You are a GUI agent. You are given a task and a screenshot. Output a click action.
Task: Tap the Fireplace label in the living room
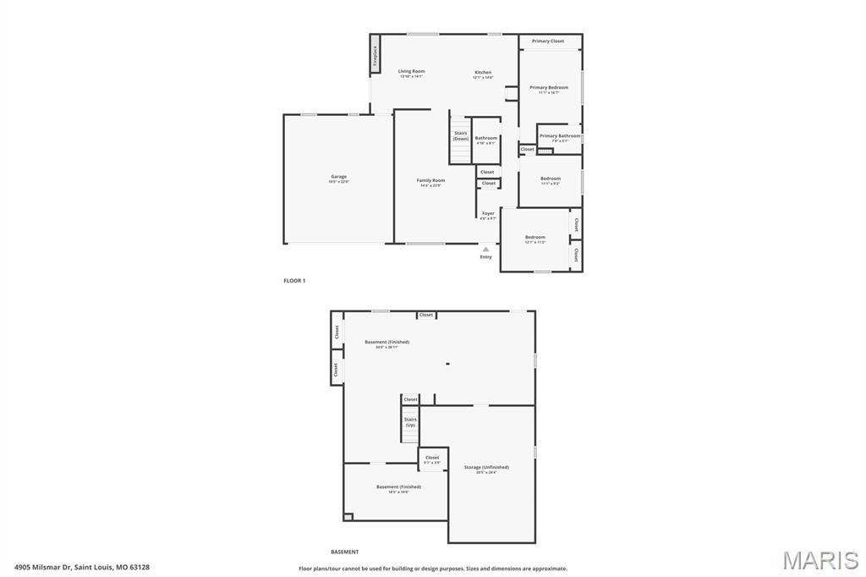375,56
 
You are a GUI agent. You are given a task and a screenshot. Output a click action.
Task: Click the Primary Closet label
548,41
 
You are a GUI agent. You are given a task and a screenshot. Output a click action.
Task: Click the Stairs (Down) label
461,135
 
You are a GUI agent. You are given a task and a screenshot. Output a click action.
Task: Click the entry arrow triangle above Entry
485,250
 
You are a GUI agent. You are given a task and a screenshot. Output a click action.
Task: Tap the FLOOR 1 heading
294,280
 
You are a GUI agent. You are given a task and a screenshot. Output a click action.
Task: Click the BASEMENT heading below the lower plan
345,552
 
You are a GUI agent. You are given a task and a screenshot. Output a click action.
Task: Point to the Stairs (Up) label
410,421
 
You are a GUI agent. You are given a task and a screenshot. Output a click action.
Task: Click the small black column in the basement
447,365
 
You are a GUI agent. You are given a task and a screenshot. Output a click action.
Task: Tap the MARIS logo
820,559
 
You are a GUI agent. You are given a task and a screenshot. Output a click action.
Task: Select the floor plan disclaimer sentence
433,569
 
